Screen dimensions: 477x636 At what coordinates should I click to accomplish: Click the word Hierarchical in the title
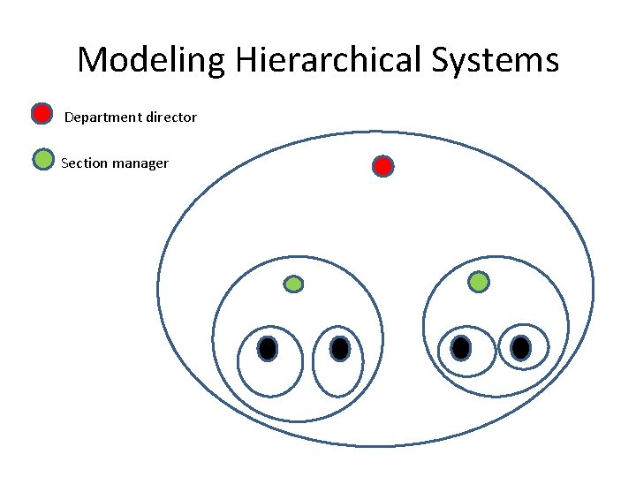pyautogui.click(x=329, y=60)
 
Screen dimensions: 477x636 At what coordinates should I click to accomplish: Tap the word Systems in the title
pyautogui.click(x=496, y=60)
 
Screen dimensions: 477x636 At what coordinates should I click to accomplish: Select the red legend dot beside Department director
pyautogui.click(x=42, y=113)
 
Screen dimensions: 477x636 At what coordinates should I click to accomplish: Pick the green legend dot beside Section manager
pyautogui.click(x=42, y=159)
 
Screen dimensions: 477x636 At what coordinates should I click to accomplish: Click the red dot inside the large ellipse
pyautogui.click(x=382, y=166)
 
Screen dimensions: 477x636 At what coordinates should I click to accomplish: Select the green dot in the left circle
pyautogui.click(x=294, y=284)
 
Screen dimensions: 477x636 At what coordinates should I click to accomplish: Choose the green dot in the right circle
pyautogui.click(x=478, y=282)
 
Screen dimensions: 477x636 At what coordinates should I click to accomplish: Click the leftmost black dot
pyautogui.click(x=268, y=349)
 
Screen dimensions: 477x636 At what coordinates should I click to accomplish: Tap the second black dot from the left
pyautogui.click(x=340, y=349)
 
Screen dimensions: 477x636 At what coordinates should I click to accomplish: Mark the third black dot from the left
pyautogui.click(x=460, y=348)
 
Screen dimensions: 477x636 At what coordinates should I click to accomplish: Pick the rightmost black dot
pyautogui.click(x=521, y=348)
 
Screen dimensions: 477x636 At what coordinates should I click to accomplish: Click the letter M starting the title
pyautogui.click(x=91, y=60)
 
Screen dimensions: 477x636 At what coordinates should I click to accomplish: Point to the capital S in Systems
pyautogui.click(x=443, y=60)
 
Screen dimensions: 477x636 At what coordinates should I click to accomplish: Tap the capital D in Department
pyautogui.click(x=70, y=117)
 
